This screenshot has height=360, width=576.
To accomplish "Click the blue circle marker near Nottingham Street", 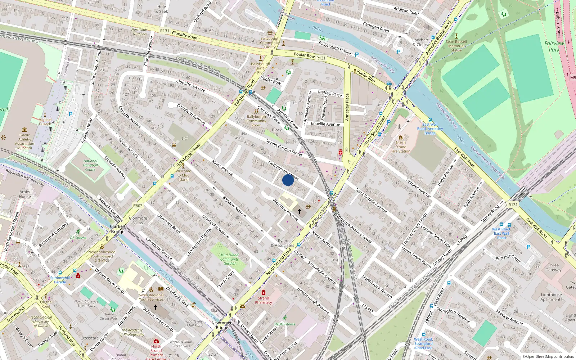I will click(288, 180).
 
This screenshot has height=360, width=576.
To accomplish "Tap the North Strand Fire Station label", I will click(400, 147).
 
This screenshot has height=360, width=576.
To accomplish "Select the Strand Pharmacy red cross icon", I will click(264, 292).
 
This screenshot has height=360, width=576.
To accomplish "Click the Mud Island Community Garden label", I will click(229, 259).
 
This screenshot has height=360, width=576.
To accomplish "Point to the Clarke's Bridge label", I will click(118, 229).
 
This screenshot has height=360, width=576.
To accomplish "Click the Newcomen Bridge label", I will click(222, 325).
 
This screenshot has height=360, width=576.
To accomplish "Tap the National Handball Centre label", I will click(90, 165).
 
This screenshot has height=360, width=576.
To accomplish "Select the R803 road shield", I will click(138, 206).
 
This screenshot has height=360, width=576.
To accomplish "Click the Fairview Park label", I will click(554, 46).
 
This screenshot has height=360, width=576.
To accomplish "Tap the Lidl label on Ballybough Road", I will click(185, 138).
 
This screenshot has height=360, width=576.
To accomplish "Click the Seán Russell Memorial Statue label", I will click(456, 46).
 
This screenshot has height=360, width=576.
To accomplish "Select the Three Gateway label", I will click(553, 267).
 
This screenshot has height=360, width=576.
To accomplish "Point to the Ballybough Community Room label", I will click(256, 121).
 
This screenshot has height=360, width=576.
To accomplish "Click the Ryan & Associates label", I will click(283, 243).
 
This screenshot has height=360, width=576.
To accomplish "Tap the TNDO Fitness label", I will click(284, 324).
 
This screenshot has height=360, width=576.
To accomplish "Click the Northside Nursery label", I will click(139, 32).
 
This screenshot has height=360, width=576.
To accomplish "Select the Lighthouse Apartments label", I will click(551, 297).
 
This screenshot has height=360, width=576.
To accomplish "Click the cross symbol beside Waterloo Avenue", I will click(299, 211).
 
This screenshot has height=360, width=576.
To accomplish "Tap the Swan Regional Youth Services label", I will click(151, 297).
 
